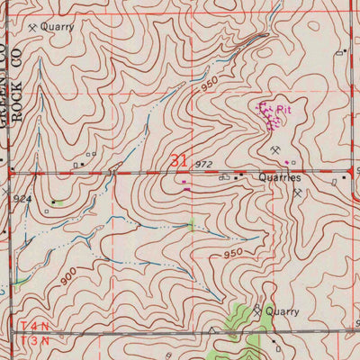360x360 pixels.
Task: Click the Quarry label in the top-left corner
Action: click(56, 27)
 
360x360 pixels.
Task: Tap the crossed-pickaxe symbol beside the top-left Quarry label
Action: click(32, 28)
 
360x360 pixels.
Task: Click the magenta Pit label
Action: click(283, 110)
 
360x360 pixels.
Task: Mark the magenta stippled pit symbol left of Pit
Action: click(266, 115)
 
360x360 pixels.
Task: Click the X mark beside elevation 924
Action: click(8, 193)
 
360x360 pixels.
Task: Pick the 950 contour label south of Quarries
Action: click(233, 254)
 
